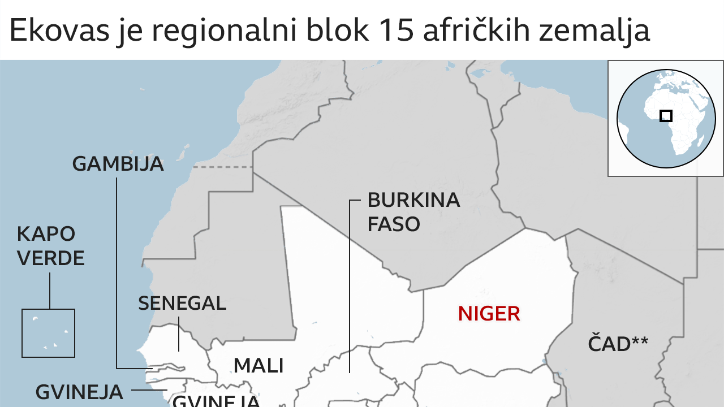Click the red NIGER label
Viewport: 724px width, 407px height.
[489, 314]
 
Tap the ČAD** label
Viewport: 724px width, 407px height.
[618, 344]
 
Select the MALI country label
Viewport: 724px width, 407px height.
[258, 366]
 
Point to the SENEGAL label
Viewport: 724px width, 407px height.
[182, 304]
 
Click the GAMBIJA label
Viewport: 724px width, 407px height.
[118, 164]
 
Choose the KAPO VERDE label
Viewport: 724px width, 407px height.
[50, 246]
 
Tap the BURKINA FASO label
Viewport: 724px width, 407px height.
[413, 212]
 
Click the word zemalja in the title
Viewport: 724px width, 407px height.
[594, 32]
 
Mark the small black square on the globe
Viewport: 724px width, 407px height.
[666, 115]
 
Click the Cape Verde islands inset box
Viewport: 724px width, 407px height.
[48, 333]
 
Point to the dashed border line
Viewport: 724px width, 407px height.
[223, 167]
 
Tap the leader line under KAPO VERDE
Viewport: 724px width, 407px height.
[49, 291]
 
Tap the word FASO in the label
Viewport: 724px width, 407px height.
[394, 224]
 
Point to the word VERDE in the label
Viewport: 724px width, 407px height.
[50, 258]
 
